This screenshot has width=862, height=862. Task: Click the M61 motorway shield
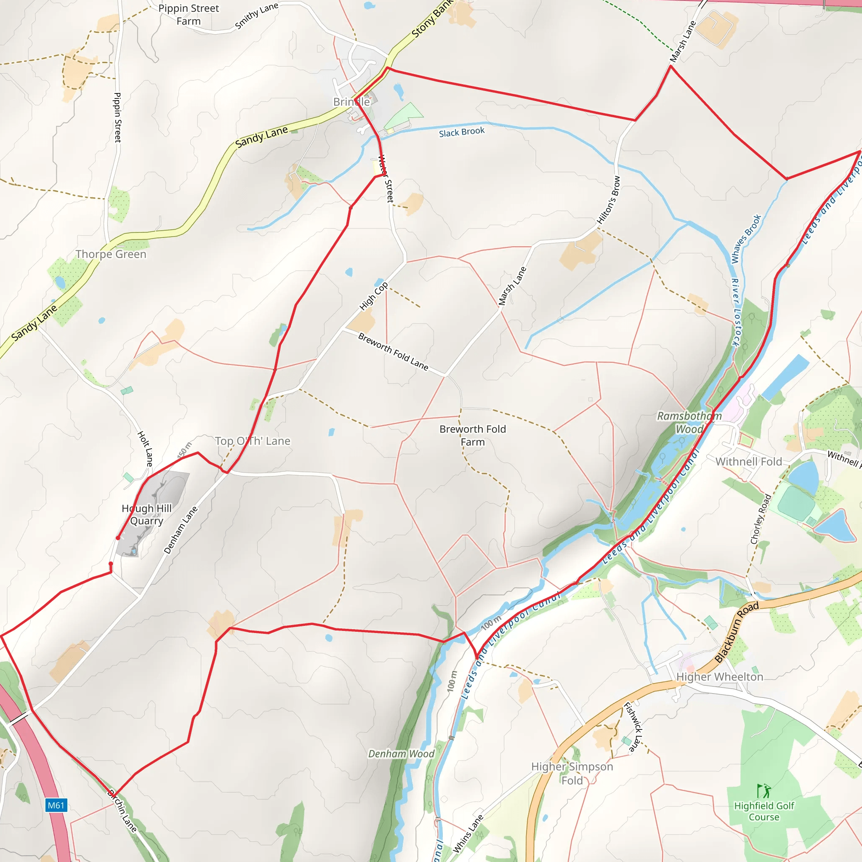[x=56, y=805]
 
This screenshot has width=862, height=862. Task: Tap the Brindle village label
[x=351, y=102]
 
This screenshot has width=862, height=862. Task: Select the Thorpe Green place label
[x=111, y=254]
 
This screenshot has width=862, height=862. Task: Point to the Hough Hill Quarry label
[x=146, y=514]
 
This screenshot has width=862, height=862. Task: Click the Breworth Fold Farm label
[x=473, y=436]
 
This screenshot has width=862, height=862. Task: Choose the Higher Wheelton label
[x=719, y=677]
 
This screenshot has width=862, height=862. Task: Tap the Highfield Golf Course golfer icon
[x=764, y=791]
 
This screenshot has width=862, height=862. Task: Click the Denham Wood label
[x=401, y=753]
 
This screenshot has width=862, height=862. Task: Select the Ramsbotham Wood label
[x=689, y=423]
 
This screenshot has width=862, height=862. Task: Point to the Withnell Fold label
[x=749, y=462]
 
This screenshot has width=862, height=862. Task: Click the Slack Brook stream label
[x=461, y=132]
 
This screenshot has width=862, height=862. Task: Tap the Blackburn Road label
[x=736, y=632]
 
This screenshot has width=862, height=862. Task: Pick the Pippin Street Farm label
[x=189, y=15]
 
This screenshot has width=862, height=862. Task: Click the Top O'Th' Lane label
[x=253, y=441]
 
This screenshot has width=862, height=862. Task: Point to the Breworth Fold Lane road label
[x=393, y=351]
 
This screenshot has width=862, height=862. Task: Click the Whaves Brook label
[x=746, y=239]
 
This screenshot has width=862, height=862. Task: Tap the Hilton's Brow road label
[x=609, y=200]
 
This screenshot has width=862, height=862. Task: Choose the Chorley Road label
[x=761, y=519]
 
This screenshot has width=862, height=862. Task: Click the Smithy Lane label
[x=257, y=16]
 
